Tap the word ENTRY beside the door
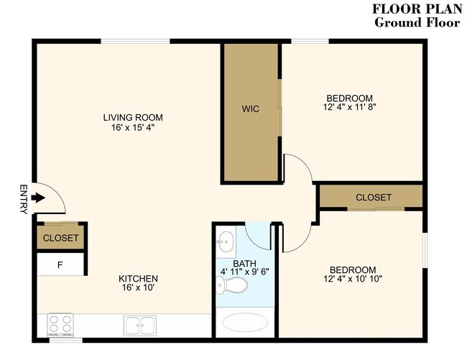23,199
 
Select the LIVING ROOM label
133,117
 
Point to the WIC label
250,109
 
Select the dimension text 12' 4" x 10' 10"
352,279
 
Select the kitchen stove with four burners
62,324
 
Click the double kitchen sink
140,326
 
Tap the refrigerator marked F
61,264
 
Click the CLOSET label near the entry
61,238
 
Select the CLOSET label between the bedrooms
374,197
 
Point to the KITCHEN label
138,279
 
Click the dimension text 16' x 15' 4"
133,127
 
